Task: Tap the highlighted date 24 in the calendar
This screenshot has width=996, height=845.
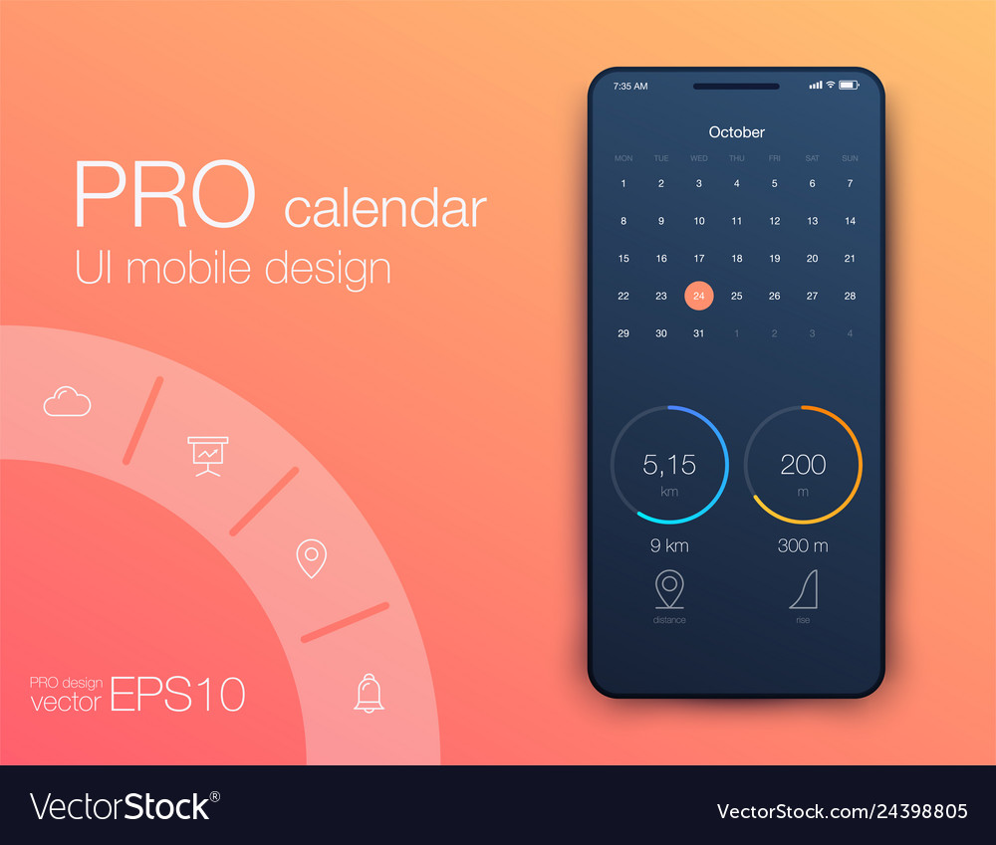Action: pyautogui.click(x=699, y=296)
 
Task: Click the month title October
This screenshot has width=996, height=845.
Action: pyautogui.click(x=736, y=132)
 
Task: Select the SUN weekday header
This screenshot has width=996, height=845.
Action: pyautogui.click(x=850, y=158)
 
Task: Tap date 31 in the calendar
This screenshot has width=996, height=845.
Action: pyautogui.click(x=699, y=333)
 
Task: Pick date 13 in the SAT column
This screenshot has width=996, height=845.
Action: pyautogui.click(x=812, y=221)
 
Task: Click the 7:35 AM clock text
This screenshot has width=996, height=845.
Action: pyautogui.click(x=630, y=86)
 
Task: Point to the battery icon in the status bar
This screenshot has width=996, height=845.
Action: pyautogui.click(x=849, y=85)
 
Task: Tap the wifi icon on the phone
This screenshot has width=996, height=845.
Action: pyautogui.click(x=831, y=85)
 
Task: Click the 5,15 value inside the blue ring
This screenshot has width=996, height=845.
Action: pyautogui.click(x=669, y=465)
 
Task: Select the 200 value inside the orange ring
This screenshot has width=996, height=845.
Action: pyautogui.click(x=803, y=465)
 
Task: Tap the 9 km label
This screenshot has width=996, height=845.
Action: pyautogui.click(x=669, y=545)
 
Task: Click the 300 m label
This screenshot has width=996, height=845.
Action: pyautogui.click(x=803, y=545)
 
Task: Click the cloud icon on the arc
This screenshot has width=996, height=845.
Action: pyautogui.click(x=67, y=401)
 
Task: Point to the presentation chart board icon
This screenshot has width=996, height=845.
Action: pyautogui.click(x=208, y=456)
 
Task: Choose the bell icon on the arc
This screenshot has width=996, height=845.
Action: pyautogui.click(x=370, y=694)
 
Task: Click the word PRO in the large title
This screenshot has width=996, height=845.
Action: pyautogui.click(x=164, y=194)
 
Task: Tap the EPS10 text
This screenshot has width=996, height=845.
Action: pyautogui.click(x=177, y=694)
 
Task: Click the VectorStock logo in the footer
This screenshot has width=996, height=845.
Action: pyautogui.click(x=124, y=806)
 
